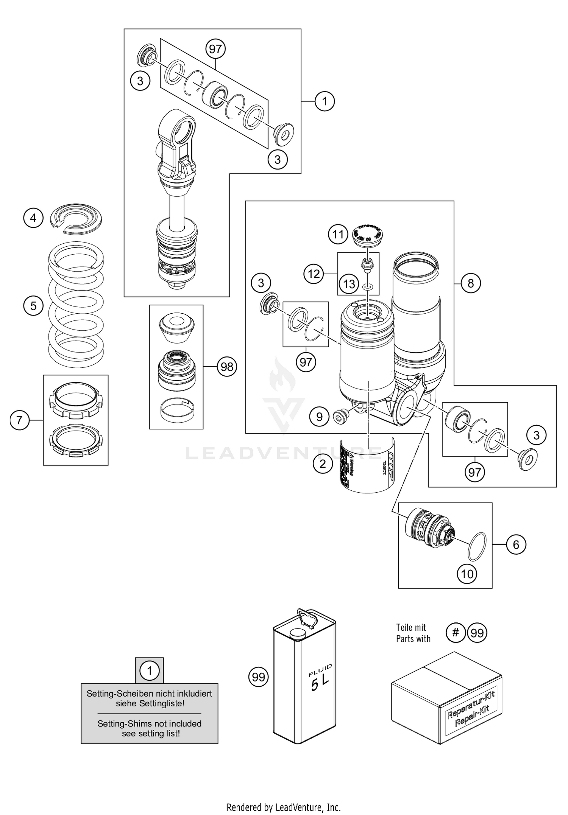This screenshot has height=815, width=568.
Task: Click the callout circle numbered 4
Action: tap(33, 218)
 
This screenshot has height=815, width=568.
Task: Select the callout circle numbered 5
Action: tap(33, 305)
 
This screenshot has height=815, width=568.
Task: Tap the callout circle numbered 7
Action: tap(20, 420)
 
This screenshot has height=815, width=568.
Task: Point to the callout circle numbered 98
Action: tap(227, 367)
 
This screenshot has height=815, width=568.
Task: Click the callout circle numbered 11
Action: tap(338, 234)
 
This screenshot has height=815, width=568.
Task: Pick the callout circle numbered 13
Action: tap(349, 283)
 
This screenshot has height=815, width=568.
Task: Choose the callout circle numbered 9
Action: tap(319, 417)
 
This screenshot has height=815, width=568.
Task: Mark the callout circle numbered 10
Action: tap(467, 574)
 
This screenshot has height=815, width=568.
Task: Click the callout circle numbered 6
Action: tap(516, 544)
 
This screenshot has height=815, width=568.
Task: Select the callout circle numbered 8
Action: tap(471, 283)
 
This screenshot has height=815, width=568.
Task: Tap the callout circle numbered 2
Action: tap(323, 463)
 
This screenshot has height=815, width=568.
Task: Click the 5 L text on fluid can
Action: tap(319, 684)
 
